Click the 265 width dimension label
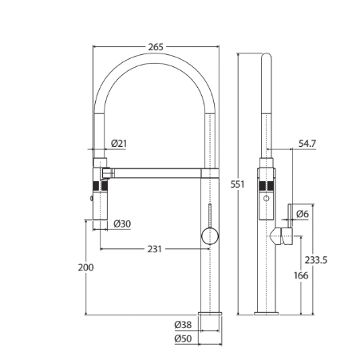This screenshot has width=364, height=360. (156, 47)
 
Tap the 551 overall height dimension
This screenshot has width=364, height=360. (237, 184)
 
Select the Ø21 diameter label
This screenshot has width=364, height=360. (119, 144)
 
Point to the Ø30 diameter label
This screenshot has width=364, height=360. (122, 224)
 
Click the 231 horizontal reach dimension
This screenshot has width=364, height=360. (155, 249)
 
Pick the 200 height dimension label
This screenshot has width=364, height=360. (85, 267)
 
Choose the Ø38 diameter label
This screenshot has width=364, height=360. (183, 325)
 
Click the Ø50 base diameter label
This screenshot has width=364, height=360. (183, 338)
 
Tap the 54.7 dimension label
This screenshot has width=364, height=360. (307, 144)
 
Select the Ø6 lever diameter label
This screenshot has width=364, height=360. (303, 214)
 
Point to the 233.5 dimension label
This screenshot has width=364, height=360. (316, 259)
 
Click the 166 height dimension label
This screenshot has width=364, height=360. (301, 275)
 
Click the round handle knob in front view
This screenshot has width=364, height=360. (210, 236)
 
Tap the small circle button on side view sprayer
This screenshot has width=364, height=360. (266, 198)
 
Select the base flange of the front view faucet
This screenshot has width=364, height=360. (210, 314)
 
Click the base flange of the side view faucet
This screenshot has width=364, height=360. (266, 314)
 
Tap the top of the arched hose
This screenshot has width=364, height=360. (156, 58)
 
